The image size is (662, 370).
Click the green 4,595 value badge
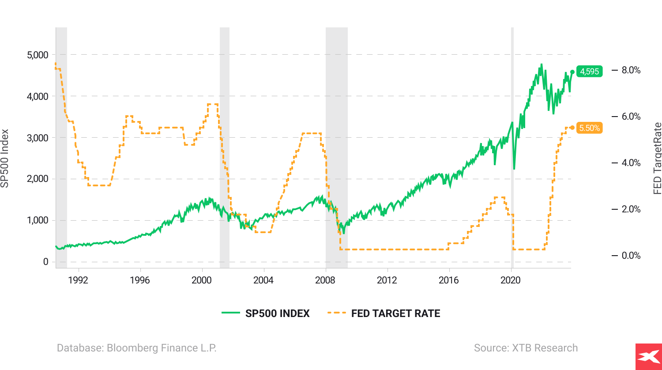coord(590,72)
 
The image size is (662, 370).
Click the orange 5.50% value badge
coord(590,128)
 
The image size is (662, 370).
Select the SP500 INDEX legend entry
coord(266,313)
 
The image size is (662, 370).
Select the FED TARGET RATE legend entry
coord(384,313)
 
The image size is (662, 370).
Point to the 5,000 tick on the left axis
coord(38,55)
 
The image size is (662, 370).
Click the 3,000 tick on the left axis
coord(38,138)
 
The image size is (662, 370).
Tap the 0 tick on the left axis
coord(45,262)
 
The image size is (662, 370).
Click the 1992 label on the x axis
coord(78,280)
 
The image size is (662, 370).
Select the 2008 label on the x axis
coord(325,280)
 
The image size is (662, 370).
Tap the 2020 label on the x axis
coord(511,280)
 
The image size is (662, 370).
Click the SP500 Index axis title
coord(5,158)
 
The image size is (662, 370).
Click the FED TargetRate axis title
coord(657,158)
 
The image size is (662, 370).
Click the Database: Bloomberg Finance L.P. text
coord(137,348)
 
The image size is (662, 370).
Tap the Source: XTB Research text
coord(526,348)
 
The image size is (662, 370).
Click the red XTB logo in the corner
coord(648,356)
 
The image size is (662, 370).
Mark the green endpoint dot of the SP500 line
coord(572,72)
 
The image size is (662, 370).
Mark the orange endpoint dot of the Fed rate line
coord(572,128)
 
